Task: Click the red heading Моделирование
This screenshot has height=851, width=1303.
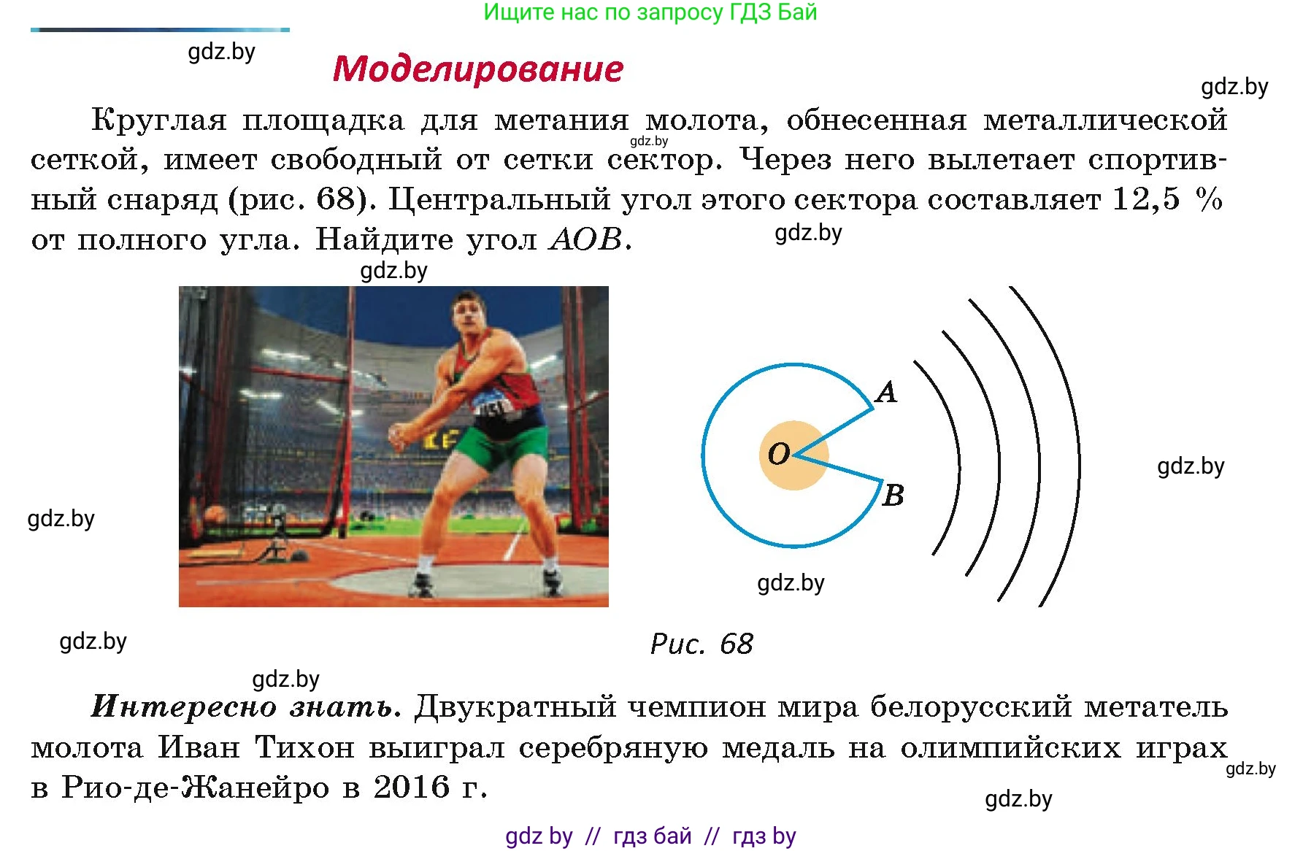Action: click(x=478, y=69)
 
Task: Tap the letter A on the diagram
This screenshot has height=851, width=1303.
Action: click(x=886, y=392)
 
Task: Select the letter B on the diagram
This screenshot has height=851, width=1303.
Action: click(x=893, y=495)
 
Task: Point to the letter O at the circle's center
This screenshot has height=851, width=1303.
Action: click(x=779, y=454)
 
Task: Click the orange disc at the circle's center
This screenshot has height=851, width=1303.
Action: click(x=794, y=455)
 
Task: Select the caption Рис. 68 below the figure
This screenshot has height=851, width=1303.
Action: click(x=702, y=644)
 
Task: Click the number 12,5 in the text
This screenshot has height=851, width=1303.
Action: click(x=1145, y=199)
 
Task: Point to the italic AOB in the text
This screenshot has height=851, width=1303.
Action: click(x=585, y=239)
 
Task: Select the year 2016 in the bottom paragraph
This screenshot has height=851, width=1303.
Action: click(x=411, y=787)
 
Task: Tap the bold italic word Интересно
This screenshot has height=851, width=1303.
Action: click(x=183, y=706)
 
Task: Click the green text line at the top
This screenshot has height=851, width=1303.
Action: click(x=650, y=12)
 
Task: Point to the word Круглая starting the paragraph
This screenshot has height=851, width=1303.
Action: click(x=159, y=120)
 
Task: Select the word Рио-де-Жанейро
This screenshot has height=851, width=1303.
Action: click(x=195, y=787)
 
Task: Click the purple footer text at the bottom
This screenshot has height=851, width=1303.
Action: click(x=650, y=836)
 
